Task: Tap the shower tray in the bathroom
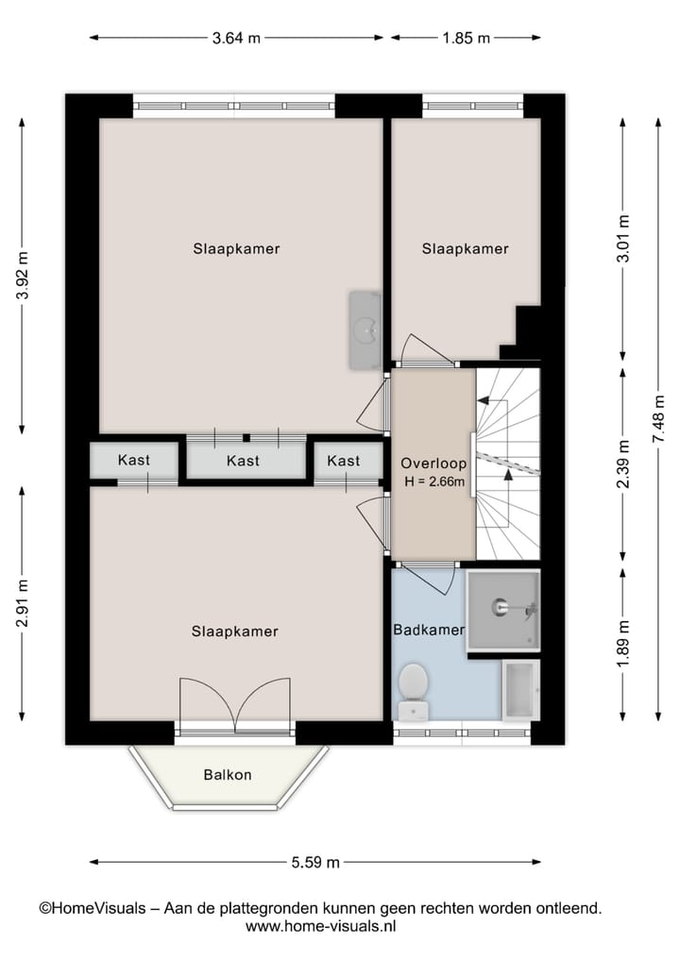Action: point(504,609)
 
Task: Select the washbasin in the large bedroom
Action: point(364,330)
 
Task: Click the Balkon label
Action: point(228,775)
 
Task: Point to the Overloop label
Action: point(433,463)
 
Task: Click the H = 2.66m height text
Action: point(433,481)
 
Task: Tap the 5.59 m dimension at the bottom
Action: point(314,862)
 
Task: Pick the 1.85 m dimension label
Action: point(467,38)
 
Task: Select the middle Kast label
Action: point(244,461)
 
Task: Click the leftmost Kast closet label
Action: point(134,461)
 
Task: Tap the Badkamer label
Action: point(428,630)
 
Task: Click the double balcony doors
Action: point(235,702)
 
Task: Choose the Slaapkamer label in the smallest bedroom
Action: point(465,249)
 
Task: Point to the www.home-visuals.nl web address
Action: point(320,927)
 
